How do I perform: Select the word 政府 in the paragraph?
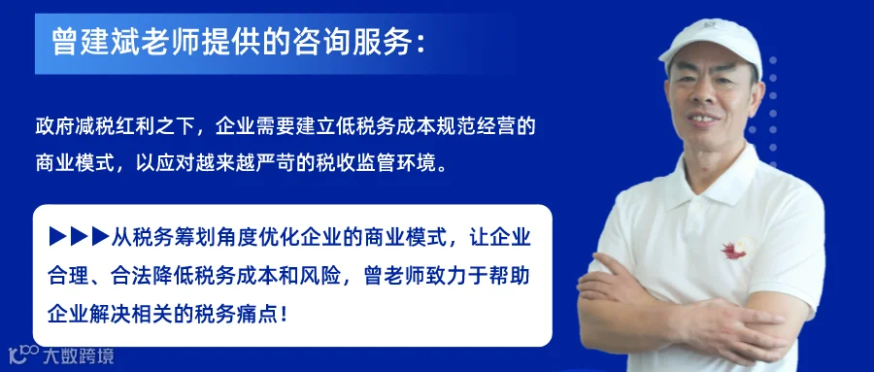(54, 126)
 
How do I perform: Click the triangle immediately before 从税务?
(100, 236)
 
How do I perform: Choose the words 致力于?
(446, 276)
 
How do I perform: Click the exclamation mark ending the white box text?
(285, 315)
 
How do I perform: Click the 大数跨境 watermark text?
(79, 355)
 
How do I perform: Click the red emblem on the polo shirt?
(737, 249)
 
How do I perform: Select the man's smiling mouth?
(703, 118)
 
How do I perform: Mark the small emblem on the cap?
(709, 24)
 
